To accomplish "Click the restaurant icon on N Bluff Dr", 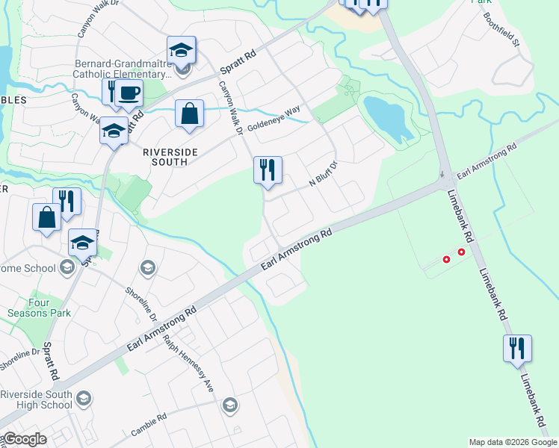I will (x=268, y=170).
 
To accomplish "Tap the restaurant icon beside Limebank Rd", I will (x=517, y=349).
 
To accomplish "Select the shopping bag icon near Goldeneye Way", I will (x=190, y=114).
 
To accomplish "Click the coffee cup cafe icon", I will (x=129, y=93).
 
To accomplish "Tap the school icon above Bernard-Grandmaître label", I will (x=181, y=50).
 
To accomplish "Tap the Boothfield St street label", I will (x=501, y=29).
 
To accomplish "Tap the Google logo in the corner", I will (x=24, y=439).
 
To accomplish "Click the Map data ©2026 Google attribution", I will (x=513, y=442).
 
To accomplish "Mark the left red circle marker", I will (x=447, y=260).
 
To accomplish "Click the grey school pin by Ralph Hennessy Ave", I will (x=229, y=405).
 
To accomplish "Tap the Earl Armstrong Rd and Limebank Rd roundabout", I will (x=445, y=181).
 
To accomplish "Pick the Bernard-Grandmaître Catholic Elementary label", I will (x=123, y=69).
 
